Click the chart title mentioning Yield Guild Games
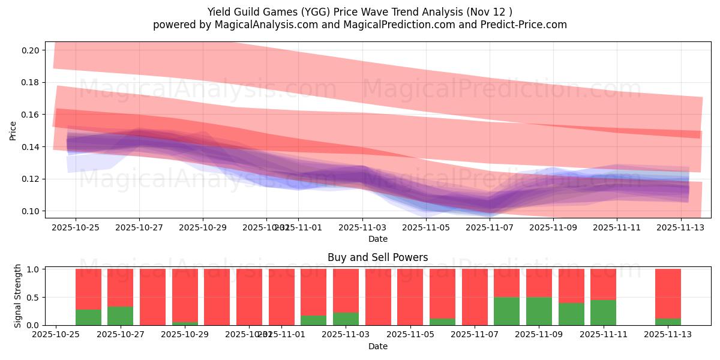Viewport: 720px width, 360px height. coord(359,12)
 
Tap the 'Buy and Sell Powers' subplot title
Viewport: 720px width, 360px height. coord(377,257)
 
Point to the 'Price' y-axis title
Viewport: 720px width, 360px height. coord(13,130)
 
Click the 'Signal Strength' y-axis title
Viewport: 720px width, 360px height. coord(18,296)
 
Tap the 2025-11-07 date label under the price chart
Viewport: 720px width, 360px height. coord(490,228)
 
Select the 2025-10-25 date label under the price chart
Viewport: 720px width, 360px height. coord(76,228)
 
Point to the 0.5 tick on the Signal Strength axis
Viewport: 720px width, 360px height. coord(32,297)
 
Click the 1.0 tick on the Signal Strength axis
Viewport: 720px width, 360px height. coord(32,269)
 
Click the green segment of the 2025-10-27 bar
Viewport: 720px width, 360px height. coord(121,316)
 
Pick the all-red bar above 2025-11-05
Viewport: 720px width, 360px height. coord(410,297)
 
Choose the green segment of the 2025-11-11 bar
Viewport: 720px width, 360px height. coord(603,312)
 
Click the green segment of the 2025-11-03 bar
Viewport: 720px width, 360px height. coord(346,319)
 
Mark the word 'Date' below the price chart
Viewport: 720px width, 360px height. coord(377,239)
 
